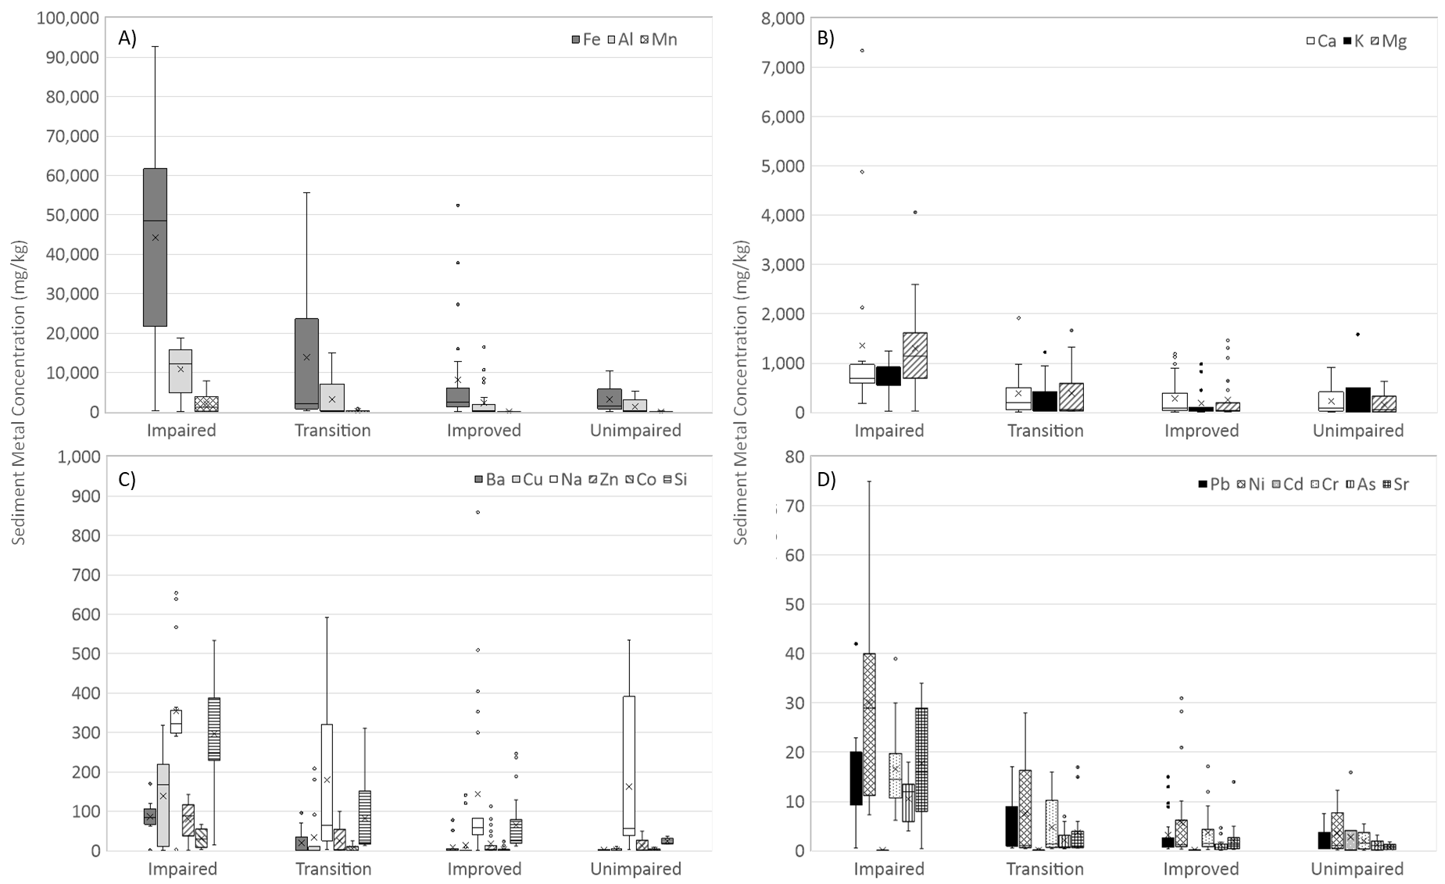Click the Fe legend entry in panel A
586,39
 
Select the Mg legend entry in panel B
1389,41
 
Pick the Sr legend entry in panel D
1395,484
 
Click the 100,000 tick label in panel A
68,17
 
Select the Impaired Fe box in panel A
155,247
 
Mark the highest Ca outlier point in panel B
862,51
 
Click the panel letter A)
127,38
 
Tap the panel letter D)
826,479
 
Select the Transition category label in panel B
1045,431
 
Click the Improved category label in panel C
484,869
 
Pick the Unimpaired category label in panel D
1357,869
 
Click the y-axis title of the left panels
20,391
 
